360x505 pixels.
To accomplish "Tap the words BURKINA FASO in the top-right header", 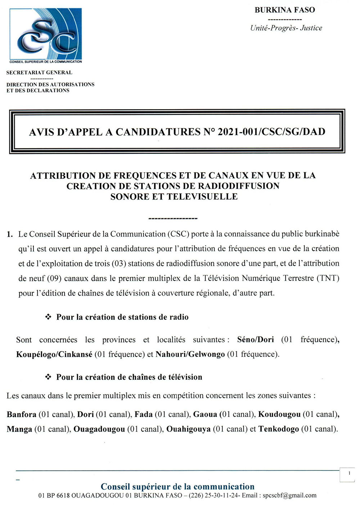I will pos(285,10).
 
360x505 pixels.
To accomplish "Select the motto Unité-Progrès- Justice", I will pos(286,28).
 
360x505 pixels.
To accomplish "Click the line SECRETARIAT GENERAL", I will pos(39,72).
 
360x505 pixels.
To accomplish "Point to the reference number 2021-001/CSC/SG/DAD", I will pos(271,132).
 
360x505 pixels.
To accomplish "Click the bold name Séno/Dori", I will pos(256,340).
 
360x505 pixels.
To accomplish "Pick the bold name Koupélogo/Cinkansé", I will pos(54,354).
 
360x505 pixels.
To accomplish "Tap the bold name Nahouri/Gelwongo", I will pos(190,354).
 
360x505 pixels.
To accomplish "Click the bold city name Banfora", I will pos(22,415).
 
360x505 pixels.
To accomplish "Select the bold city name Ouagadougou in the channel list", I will pos(99,429).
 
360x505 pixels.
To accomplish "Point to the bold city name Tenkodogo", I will pos(279,429).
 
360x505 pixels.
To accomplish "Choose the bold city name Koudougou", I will pos(279,415).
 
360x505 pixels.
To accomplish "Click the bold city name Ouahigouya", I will pos(188,429).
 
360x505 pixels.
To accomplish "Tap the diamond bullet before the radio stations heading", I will pos(48,317).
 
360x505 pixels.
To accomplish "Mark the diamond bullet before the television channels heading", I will pos(48,377).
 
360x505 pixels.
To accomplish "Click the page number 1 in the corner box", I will pos(349,473).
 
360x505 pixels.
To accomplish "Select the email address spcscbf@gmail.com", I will pos(289,496).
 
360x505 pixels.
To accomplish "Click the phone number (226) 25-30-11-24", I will pos(214,496).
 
